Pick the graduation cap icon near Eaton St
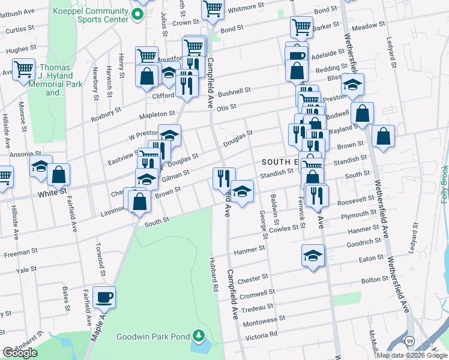click(313, 257)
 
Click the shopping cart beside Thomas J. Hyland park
click(23, 69)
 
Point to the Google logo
click(20, 353)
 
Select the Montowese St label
click(265, 321)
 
